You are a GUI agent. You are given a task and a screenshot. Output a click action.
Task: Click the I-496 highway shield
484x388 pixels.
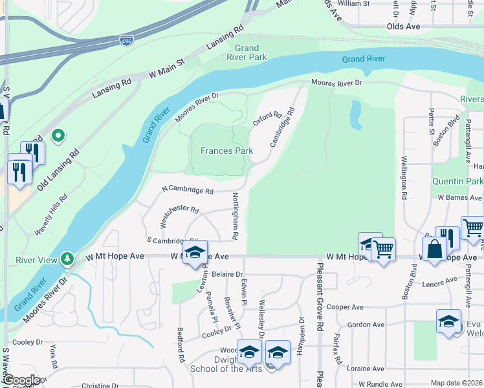pos(127,41)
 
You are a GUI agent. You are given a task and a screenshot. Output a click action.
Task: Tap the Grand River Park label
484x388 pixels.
pos(250,53)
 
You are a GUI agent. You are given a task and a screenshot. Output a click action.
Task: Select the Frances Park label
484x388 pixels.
pos(226,151)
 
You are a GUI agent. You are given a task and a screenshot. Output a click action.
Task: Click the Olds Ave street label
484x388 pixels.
pos(403,27)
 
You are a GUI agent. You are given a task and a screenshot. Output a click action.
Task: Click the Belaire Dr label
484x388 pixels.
pos(226,274)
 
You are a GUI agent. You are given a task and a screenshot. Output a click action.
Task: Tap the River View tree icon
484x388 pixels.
pos(67,260)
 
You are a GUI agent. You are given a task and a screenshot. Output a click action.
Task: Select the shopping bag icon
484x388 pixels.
pos(433,248)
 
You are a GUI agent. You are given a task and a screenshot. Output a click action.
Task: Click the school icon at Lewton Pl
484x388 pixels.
pos(194,253)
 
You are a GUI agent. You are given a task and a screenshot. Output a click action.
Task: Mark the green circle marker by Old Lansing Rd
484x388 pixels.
pos(58,136)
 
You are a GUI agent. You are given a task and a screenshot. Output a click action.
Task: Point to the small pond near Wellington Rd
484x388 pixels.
pos(355,115)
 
